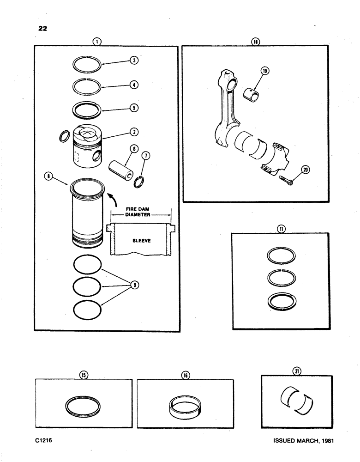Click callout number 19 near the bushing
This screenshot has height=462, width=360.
point(265,71)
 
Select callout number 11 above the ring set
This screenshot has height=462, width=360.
point(281,228)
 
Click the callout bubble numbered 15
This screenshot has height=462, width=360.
point(84,375)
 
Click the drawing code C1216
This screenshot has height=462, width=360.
point(45,441)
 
